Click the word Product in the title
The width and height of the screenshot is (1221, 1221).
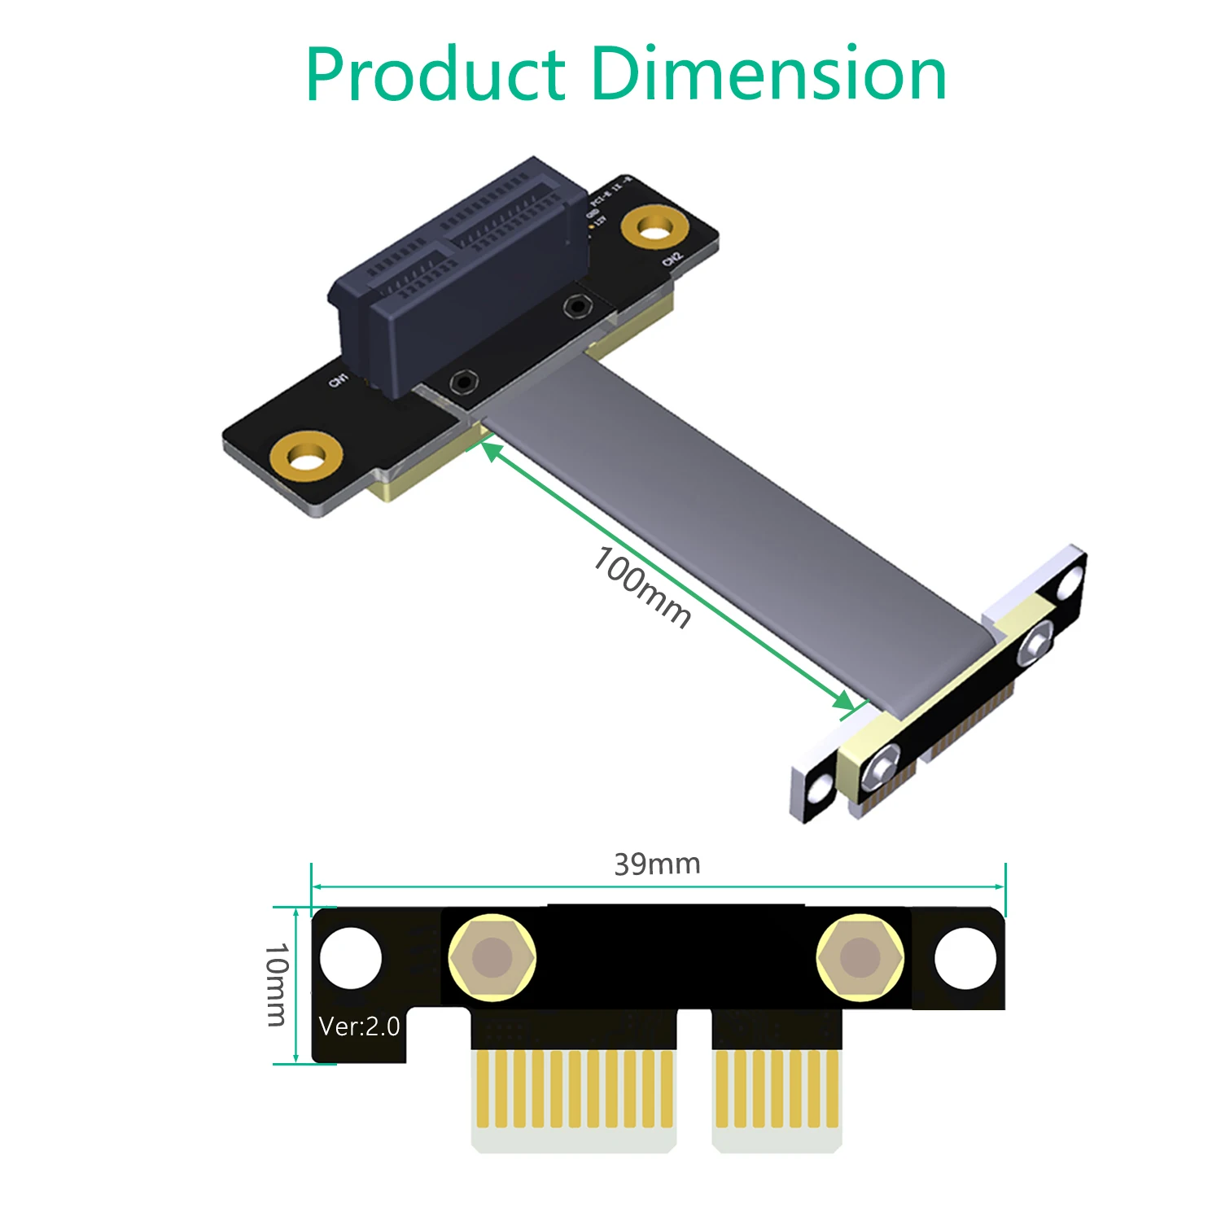pyautogui.click(x=435, y=75)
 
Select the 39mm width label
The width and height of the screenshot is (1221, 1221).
pyautogui.click(x=657, y=864)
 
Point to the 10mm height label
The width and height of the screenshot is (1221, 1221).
pyautogui.click(x=277, y=984)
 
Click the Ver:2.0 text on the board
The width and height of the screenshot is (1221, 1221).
pyautogui.click(x=359, y=1026)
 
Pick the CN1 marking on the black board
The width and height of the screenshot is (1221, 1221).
pyautogui.click(x=338, y=379)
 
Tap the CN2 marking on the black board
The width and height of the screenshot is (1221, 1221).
pyautogui.click(x=672, y=259)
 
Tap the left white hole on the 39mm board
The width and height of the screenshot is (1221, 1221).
pyautogui.click(x=351, y=957)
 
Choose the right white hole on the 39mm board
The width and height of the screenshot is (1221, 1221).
pyautogui.click(x=965, y=957)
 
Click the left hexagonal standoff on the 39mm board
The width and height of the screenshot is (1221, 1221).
pyautogui.click(x=492, y=957)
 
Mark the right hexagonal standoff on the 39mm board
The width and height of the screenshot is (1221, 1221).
pyautogui.click(x=860, y=957)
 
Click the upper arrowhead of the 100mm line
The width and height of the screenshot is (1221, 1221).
pyautogui.click(x=491, y=449)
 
